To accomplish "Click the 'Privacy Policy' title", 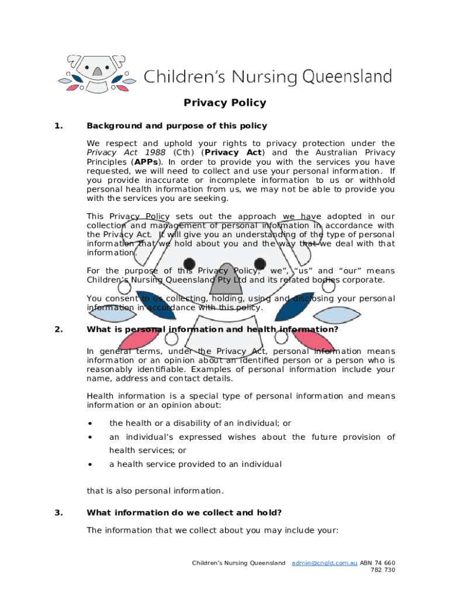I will tap(225, 103).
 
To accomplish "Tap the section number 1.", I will tap(58, 126).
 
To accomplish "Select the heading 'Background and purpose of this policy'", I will tap(176, 126).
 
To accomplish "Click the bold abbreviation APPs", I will tap(143, 162).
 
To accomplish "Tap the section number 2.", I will tap(58, 329).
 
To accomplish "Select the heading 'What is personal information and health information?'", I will tap(212, 329).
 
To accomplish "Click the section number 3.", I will tap(58, 513).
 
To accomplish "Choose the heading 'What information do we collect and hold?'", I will tap(184, 513).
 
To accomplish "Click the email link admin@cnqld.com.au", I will tap(324, 563).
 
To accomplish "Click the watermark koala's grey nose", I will tap(221, 280).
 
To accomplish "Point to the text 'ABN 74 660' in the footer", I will tap(378, 563).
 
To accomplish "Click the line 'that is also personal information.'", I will tap(155, 491).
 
